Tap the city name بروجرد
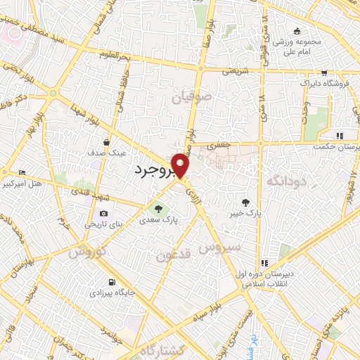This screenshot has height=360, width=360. click(156, 170)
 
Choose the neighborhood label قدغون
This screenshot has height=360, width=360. click(169, 255)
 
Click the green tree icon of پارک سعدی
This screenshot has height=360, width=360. click(158, 208)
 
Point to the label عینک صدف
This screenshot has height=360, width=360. click(105, 152)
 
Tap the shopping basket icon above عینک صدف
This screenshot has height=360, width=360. click(105, 140)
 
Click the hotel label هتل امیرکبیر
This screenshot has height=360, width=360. click(25, 185)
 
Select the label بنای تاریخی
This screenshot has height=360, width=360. click(103, 225)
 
